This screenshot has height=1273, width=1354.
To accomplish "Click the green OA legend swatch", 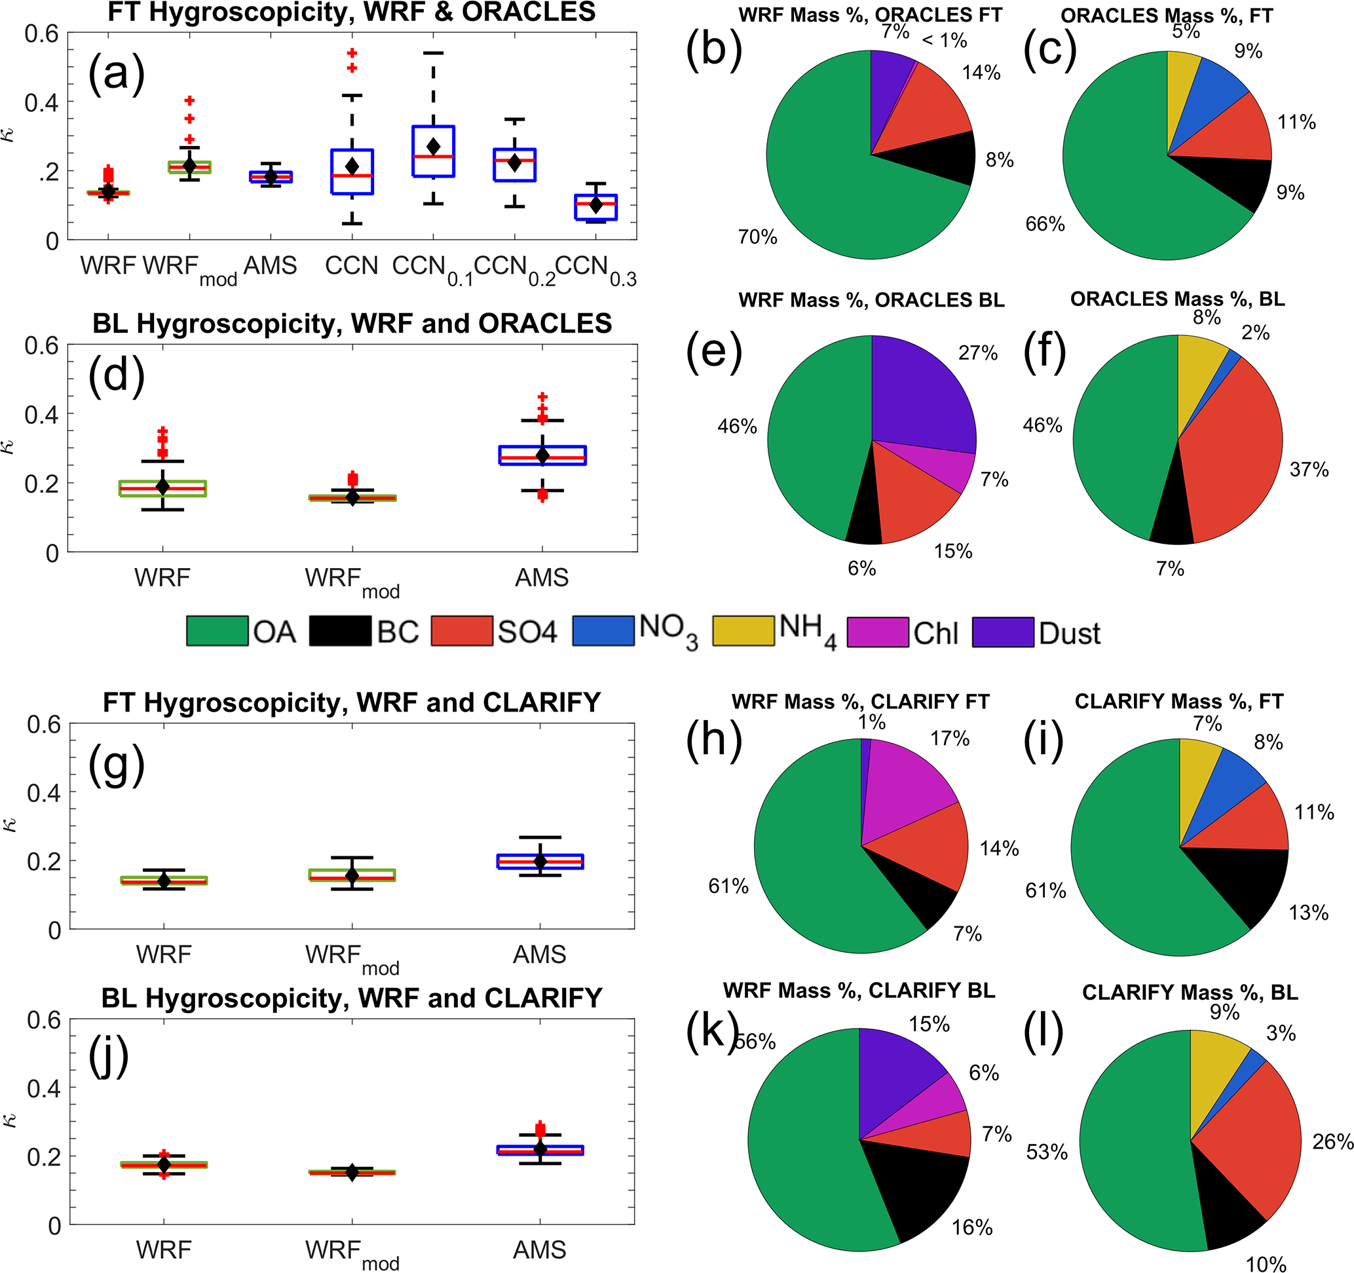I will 217,631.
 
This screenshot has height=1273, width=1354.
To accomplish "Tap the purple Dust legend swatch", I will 1002,632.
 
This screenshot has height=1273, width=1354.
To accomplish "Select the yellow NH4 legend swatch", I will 743,631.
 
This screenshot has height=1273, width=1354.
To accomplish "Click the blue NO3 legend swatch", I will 603,631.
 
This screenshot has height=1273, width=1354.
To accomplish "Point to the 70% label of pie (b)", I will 757,237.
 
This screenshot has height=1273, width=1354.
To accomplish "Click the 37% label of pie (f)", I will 1308,469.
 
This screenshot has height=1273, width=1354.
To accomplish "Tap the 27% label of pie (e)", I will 978,353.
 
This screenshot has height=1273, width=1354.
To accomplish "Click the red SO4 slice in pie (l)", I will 1260,1145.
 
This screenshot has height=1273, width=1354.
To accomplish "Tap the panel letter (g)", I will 116,765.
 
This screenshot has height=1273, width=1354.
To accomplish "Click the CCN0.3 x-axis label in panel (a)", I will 595,268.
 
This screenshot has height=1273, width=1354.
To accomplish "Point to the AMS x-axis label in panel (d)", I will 542,578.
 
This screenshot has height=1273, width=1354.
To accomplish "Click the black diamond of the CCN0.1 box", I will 433,147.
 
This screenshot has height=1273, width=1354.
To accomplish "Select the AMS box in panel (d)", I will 542,455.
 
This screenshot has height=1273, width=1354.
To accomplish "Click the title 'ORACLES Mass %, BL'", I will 1177,299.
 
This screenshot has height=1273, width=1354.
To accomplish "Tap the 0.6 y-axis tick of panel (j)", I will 44,1020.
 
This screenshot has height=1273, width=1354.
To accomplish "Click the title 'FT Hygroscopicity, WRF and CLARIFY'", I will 352,702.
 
